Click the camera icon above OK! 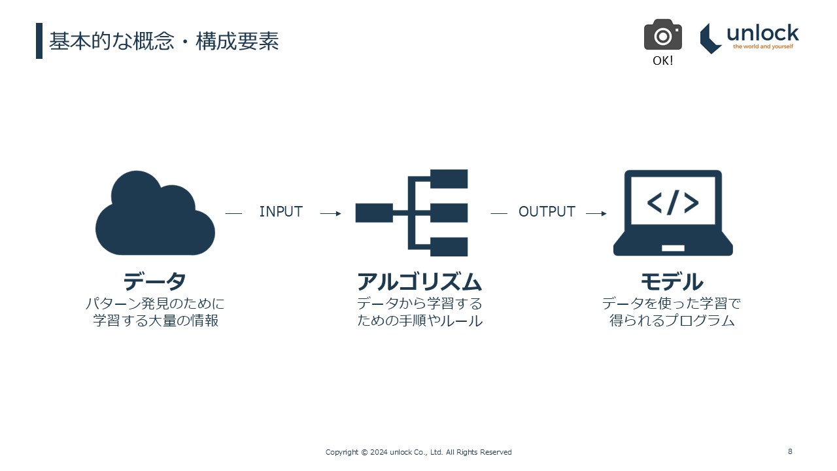(662, 35)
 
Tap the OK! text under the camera (662, 61)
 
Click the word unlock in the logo (762, 33)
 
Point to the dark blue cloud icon (155, 215)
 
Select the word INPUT (281, 212)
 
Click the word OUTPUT (547, 212)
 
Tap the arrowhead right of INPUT (338, 213)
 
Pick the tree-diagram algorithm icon (413, 213)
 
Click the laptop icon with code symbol (673, 213)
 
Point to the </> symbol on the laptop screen (673, 203)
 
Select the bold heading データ (155, 282)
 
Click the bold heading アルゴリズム (419, 282)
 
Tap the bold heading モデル (672, 282)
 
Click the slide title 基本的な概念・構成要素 (164, 41)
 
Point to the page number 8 (790, 451)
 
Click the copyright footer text (418, 452)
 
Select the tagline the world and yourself (762, 47)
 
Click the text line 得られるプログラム (672, 321)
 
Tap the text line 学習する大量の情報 (155, 321)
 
